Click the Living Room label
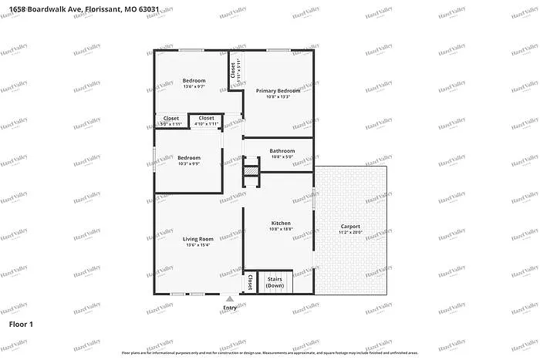197,239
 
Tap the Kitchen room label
279,224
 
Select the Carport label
350,227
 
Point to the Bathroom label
282,151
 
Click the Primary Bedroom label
278,91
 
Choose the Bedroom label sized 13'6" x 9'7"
194,81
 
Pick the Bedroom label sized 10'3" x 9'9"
189,157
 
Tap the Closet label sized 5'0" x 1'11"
170,118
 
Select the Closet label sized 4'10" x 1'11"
207,118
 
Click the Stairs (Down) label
275,282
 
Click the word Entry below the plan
230,308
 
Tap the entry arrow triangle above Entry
230,298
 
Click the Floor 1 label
21,325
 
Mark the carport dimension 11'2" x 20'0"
350,232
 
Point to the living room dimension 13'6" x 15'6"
197,245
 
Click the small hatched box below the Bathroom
251,170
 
